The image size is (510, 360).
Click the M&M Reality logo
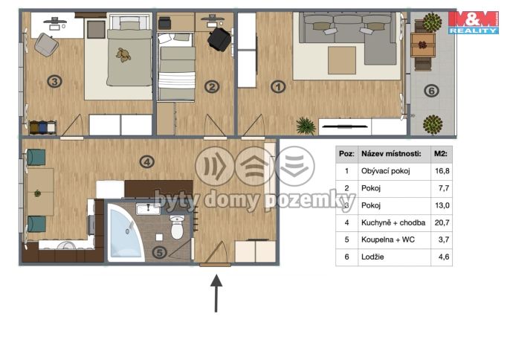pos(474,22)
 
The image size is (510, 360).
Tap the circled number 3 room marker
pos(55,81)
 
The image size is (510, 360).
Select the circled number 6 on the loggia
pos(432,91)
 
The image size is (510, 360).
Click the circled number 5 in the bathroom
pos(160,252)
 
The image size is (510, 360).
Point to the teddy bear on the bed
pos(123,55)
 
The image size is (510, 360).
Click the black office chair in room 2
pos(219,39)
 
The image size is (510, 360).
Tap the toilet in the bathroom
pos(177,227)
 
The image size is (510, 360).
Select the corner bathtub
pos(126,232)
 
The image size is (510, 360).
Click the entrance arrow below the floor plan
pos(216,293)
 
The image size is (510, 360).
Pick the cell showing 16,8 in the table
pos(442,171)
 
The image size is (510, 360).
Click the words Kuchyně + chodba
pos(393,222)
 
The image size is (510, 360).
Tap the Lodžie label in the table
pos(372,257)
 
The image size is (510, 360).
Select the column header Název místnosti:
pos(391,154)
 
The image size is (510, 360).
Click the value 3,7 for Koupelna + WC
pos(444,240)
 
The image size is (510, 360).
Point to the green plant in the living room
pos(306,126)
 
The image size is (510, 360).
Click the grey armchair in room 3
pos(47,45)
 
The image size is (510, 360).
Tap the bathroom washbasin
pos(148,209)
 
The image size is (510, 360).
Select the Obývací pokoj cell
pos(386,171)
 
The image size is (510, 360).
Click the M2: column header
pos(441,154)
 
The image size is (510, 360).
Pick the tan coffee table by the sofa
pos(341,60)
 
